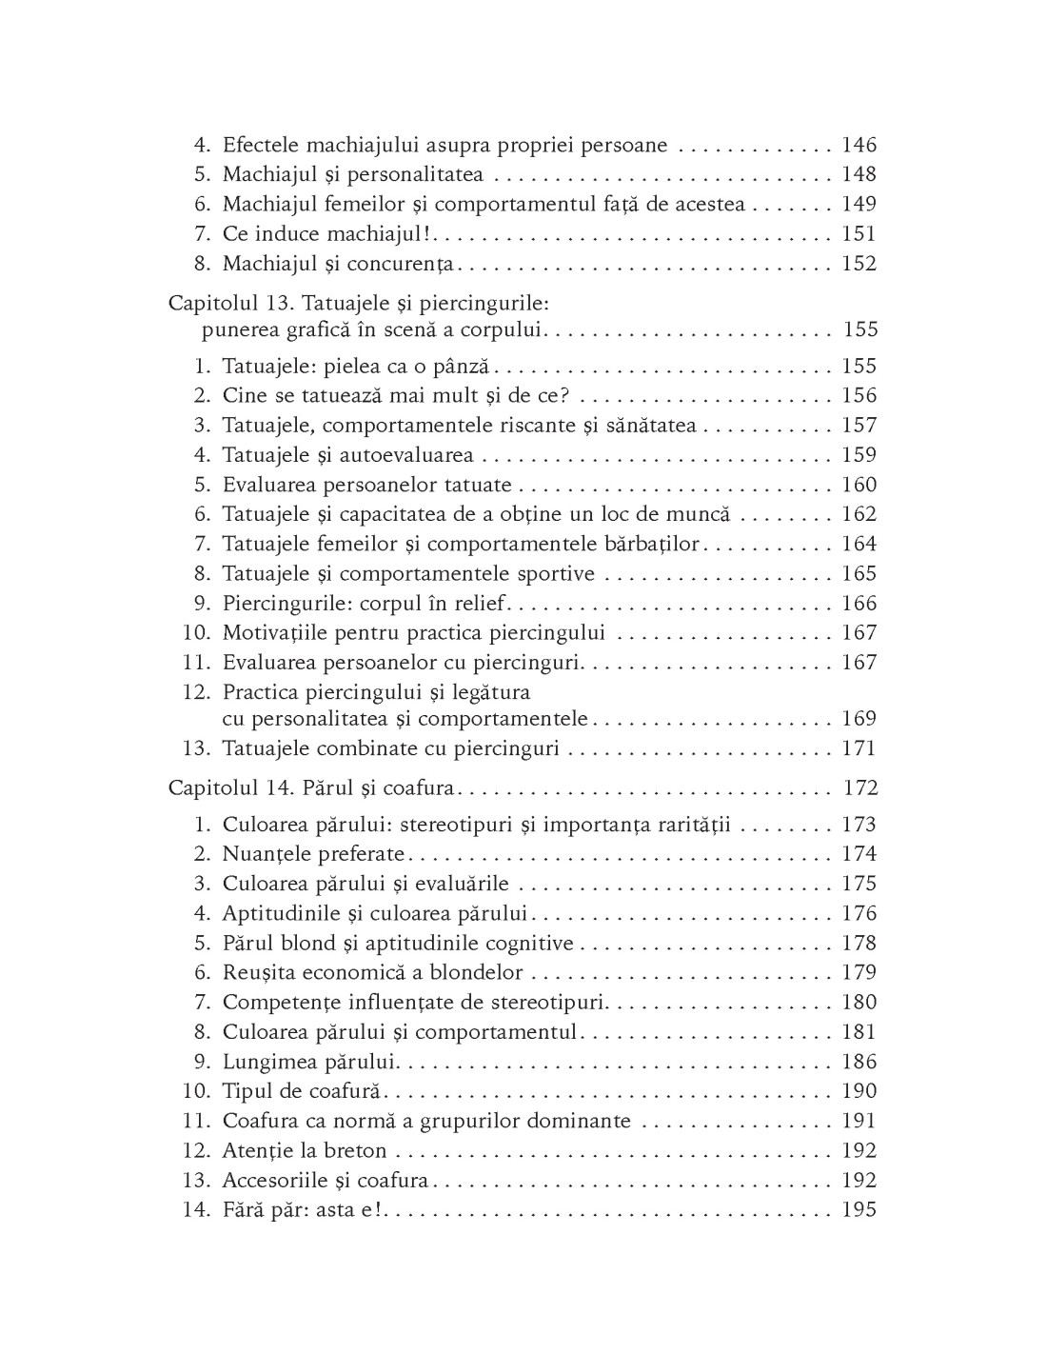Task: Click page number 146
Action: (859, 146)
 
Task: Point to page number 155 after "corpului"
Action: (859, 330)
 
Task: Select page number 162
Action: (859, 514)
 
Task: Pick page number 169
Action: (859, 719)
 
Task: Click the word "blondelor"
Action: (476, 972)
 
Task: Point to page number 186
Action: (859, 1062)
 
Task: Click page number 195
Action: (859, 1210)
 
